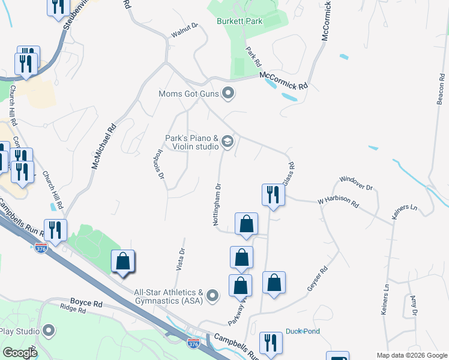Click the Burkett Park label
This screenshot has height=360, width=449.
point(241,22)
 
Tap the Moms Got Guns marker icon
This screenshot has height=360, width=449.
point(228,93)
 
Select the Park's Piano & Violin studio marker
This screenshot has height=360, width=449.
point(227,142)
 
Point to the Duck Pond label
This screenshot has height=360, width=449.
point(303,331)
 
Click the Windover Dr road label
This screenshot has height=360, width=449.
point(356,182)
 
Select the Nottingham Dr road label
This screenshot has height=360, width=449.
point(218,205)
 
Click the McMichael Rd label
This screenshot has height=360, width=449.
point(103,146)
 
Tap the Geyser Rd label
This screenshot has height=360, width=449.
point(318,278)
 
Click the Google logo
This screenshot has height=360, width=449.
point(19,352)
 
